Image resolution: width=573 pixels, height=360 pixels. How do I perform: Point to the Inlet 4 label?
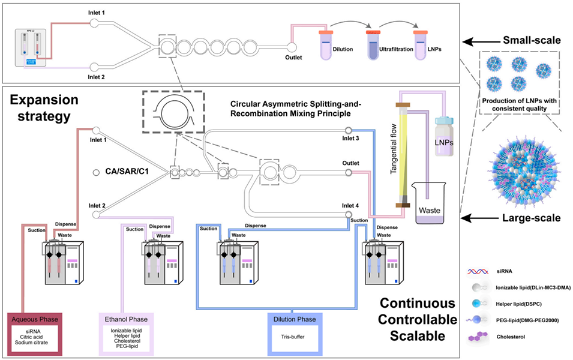[350, 206]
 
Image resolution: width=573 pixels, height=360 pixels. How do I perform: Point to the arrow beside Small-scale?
[480, 41]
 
